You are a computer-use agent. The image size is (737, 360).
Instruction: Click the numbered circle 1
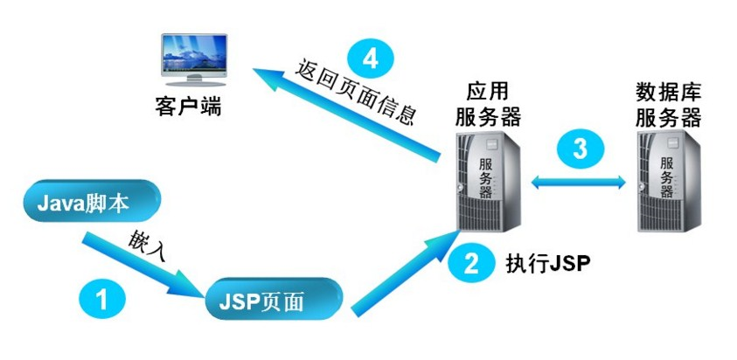coord(101,300)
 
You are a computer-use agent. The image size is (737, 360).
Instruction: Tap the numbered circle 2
coord(470,262)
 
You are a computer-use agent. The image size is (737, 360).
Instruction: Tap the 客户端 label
coord(187,109)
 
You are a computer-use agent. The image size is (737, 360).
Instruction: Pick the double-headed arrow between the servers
coord(581,181)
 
